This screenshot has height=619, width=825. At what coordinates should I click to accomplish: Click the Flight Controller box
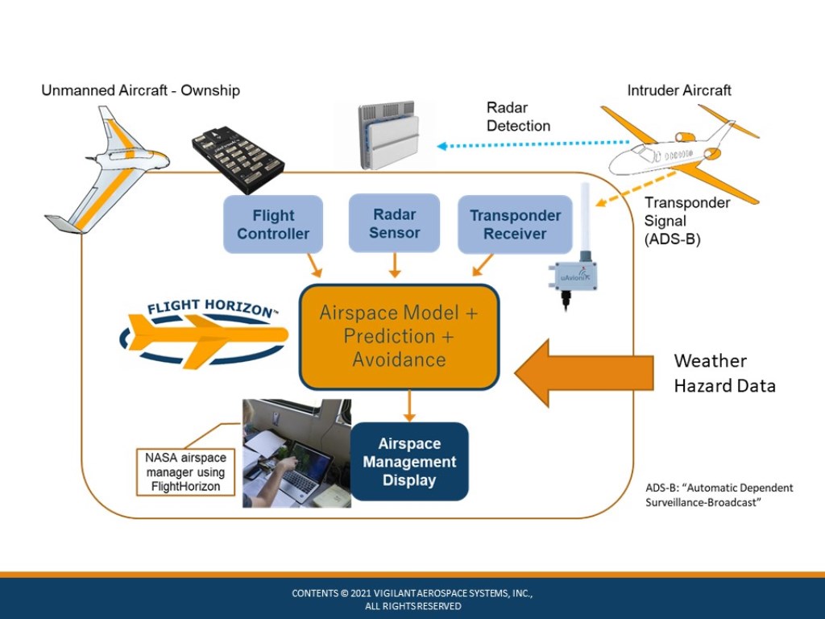pos(273,224)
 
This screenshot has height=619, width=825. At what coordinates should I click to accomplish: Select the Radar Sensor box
pos(394,223)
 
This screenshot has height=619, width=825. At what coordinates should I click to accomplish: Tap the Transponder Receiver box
pos(515,224)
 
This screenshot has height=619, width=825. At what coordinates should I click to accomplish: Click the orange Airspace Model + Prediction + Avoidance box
pos(399,337)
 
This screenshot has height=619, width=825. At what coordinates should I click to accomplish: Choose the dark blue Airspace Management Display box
pos(409,462)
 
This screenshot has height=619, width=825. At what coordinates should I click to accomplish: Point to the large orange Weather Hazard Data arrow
pos(583,373)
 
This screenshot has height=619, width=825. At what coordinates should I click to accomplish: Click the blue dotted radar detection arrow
pos(533,144)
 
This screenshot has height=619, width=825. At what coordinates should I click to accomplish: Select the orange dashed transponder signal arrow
pos(635,189)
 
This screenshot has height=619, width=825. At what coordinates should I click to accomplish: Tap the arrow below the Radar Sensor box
pos(395,265)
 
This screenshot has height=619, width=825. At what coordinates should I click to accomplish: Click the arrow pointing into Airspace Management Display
pos(409,406)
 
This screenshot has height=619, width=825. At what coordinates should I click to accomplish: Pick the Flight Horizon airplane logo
pos(204,333)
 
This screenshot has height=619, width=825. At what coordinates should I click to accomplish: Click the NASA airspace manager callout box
pos(186,472)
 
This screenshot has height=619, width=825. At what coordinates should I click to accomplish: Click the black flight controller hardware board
pos(238,158)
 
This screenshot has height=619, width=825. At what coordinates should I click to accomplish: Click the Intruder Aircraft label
pos(678,90)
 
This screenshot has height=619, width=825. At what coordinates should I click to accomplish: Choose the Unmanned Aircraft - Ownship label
pos(140,90)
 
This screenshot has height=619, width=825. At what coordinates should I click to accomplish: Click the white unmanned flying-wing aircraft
pos(107,169)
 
